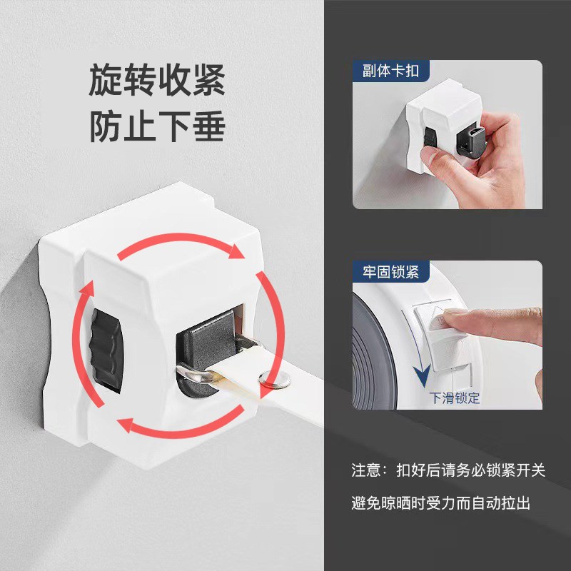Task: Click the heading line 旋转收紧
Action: [x=157, y=81]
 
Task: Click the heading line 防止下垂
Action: [x=157, y=126]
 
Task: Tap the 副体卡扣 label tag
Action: [x=385, y=71]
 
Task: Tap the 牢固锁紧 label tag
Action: [x=385, y=271]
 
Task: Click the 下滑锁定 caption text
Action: [x=454, y=398]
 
